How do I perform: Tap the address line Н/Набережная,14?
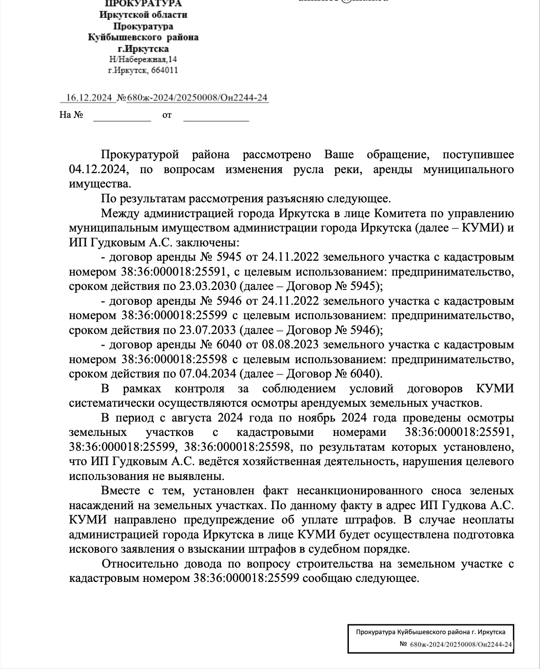tap(143, 60)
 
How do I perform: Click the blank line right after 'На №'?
tap(121, 116)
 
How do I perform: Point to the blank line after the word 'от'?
tap(216, 116)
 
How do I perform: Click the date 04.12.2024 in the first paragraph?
tap(97, 169)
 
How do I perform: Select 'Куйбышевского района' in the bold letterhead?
tap(143, 37)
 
